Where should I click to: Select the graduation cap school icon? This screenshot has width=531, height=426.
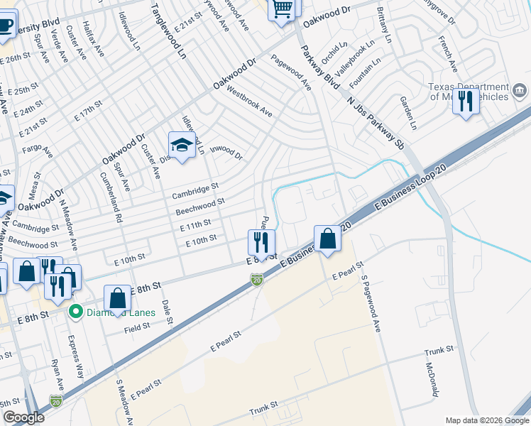(182, 145)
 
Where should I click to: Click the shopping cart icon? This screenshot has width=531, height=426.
(282, 9)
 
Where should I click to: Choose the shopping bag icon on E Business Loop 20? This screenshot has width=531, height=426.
(328, 239)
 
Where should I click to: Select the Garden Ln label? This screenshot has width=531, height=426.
(407, 112)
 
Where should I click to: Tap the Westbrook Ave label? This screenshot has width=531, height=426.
(249, 102)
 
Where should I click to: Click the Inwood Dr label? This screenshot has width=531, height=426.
(227, 154)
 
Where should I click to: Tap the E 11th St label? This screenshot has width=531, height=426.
(195, 226)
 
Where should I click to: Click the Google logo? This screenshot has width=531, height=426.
(23, 417)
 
